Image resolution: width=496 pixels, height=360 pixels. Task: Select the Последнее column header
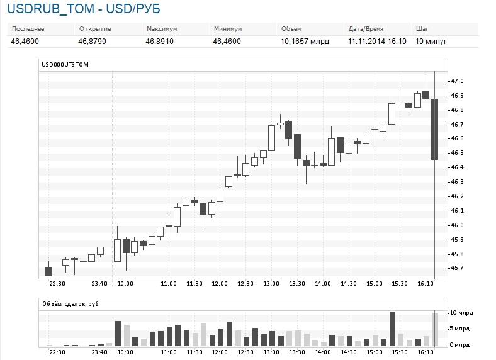click(28, 29)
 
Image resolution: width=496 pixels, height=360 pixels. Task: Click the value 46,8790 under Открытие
click(92, 42)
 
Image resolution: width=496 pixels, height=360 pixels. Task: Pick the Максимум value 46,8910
click(159, 42)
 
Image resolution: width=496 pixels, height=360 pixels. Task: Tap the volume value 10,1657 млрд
click(305, 42)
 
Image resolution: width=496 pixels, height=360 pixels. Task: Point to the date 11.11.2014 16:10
click(376, 42)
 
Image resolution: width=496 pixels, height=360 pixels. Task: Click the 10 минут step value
click(431, 42)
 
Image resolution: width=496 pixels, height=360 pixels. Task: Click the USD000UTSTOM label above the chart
click(65, 64)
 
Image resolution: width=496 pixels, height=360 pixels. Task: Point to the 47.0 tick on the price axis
click(457, 81)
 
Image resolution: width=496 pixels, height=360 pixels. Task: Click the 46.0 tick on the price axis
click(457, 225)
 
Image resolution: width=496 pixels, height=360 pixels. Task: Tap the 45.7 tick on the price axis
click(457, 268)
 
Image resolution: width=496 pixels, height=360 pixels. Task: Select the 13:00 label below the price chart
click(271, 284)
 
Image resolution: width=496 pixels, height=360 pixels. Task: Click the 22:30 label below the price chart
click(57, 284)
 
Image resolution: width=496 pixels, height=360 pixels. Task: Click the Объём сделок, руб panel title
click(70, 304)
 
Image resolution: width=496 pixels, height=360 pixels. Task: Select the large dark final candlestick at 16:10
click(434, 129)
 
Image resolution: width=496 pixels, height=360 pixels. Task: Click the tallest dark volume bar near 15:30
click(392, 328)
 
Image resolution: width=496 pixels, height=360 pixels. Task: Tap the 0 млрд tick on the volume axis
click(459, 345)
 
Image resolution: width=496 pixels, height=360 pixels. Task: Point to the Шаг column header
click(422, 29)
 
